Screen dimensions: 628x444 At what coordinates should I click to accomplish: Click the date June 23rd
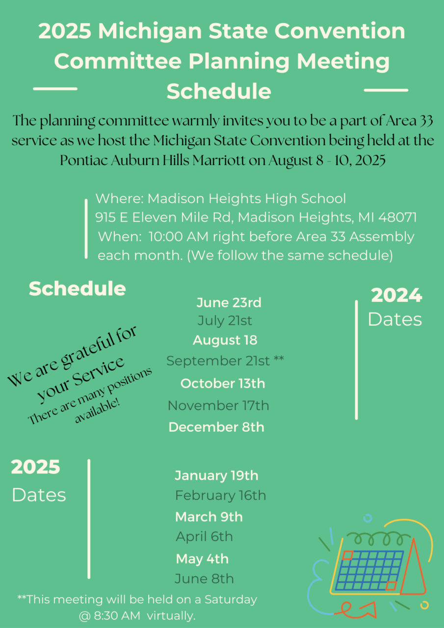pos(229,303)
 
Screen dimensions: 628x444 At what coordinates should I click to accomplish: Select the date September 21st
pos(218,361)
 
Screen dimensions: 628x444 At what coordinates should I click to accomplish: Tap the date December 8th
pos(216,427)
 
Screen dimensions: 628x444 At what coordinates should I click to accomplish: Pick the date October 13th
pos(223,384)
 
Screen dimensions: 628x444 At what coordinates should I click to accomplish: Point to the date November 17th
pos(218,406)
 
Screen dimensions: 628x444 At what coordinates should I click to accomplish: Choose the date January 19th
pos(216,475)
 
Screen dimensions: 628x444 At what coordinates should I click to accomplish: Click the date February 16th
pos(220,496)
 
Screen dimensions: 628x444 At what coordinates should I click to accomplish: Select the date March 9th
pos(209,517)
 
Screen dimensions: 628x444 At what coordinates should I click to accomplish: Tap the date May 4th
pos(202,559)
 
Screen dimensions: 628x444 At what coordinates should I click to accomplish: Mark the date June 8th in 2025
pos(204,579)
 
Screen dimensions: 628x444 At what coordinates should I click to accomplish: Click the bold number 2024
pos(396,296)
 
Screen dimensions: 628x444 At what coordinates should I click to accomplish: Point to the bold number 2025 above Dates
pos(36,467)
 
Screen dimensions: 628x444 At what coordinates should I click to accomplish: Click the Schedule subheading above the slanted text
pos(77,288)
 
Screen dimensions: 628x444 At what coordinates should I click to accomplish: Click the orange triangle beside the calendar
pos(413,569)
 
